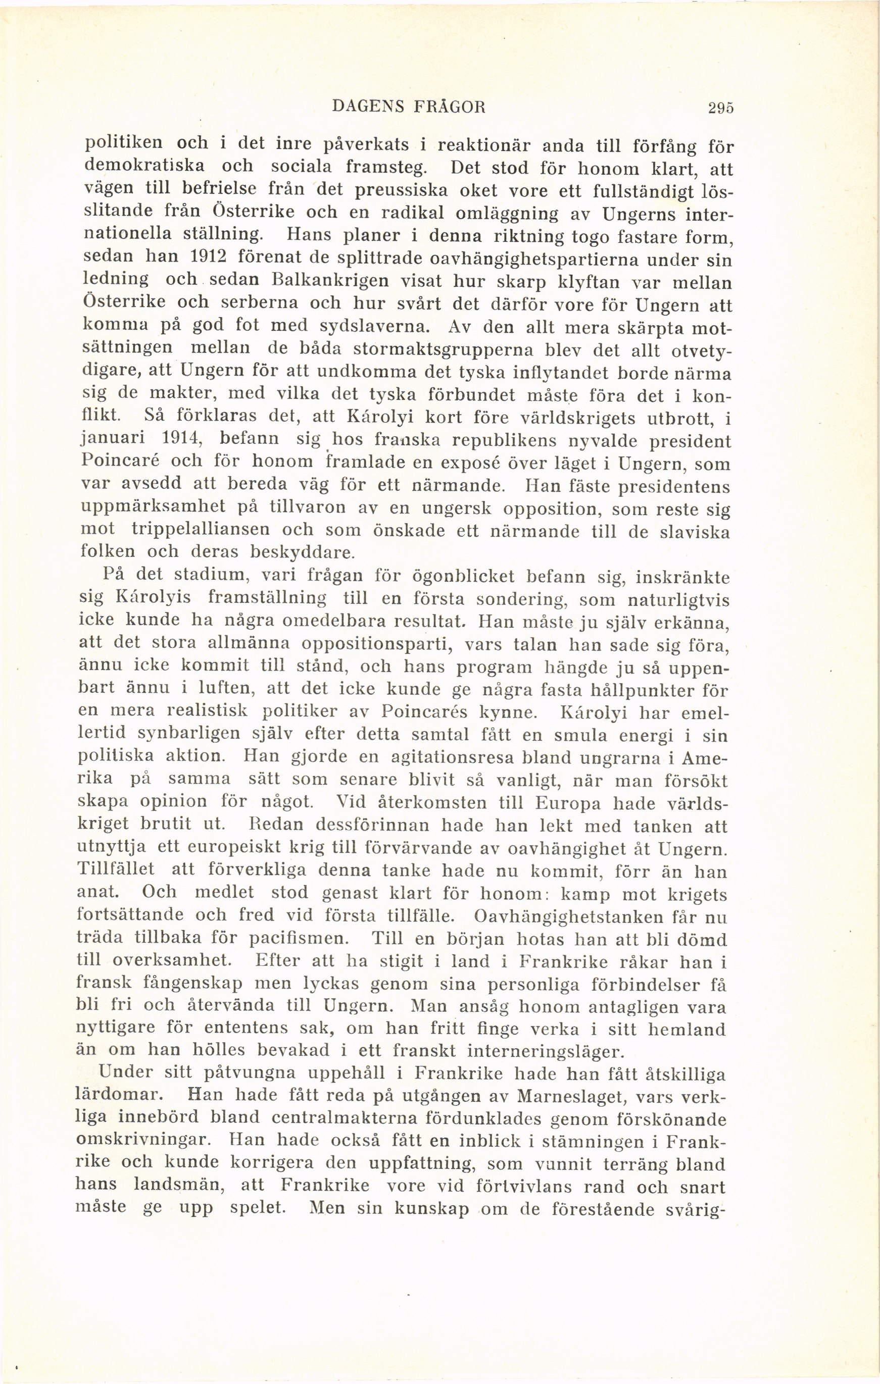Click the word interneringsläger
coord(545,1052)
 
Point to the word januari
coord(111,440)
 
